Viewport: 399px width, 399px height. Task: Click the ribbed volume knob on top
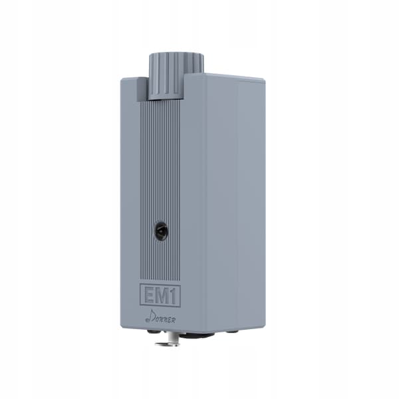pyautogui.click(x=176, y=76)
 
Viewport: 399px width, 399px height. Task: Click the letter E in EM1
pyautogui.click(x=150, y=295)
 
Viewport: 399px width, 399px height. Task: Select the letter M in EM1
pyautogui.click(x=164, y=295)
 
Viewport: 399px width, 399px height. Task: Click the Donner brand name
pyautogui.click(x=160, y=317)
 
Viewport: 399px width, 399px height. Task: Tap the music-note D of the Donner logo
pyautogui.click(x=150, y=317)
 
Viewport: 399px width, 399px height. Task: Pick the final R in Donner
pyautogui.click(x=173, y=320)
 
